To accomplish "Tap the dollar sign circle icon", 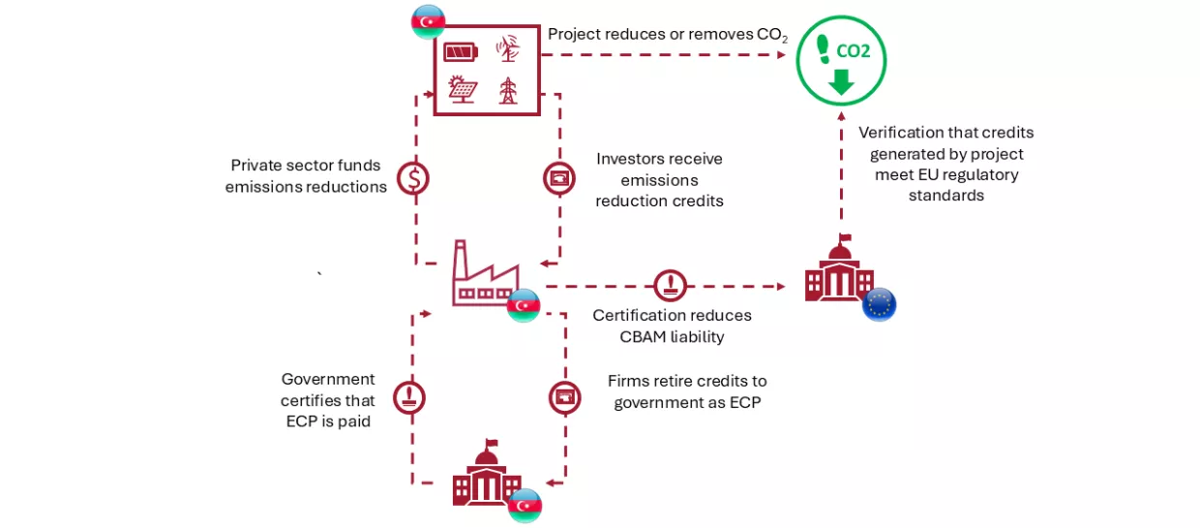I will click(414, 177).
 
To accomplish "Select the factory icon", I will click(485, 275).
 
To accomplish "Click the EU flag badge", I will click(879, 304).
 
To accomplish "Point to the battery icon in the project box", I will click(460, 51).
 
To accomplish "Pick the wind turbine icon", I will click(507, 49).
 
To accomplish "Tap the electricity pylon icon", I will click(507, 90).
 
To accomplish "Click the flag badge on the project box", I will click(428, 21).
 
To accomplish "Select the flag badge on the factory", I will click(524, 305).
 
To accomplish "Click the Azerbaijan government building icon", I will click(487, 475).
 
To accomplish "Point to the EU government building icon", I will click(838, 269).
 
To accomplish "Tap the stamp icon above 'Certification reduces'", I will click(670, 286).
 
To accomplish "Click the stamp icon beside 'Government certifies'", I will click(409, 397).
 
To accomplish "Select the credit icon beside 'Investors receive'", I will click(559, 177).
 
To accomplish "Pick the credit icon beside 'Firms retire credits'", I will click(565, 397).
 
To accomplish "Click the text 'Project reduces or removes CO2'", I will click(668, 35).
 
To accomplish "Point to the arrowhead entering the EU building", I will click(780, 287).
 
